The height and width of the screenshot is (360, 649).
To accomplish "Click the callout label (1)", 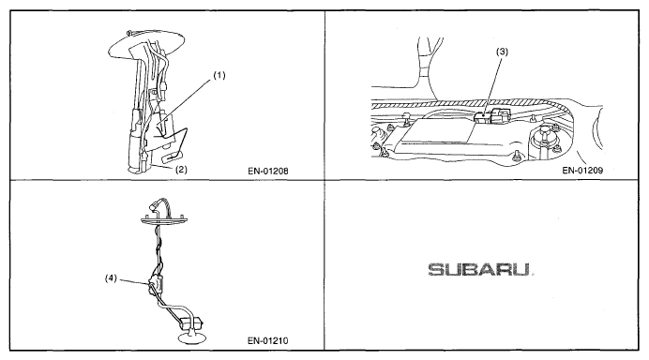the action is click(219, 75).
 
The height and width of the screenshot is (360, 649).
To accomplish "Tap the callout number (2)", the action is click(181, 170).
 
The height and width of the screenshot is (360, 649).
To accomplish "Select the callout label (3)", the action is click(502, 52).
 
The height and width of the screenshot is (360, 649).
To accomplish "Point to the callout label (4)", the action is click(111, 278).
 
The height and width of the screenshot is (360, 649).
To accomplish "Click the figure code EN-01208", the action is click(268, 171).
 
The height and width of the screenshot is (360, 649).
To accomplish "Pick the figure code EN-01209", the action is click(582, 170).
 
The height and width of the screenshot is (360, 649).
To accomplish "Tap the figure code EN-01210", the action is click(268, 341).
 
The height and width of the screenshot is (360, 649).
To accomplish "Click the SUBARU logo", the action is click(479, 270).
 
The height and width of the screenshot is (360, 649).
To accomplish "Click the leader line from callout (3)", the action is click(493, 85).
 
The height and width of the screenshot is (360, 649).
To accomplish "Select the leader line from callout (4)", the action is click(132, 282).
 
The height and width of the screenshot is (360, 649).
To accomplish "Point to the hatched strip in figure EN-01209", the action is click(468, 104).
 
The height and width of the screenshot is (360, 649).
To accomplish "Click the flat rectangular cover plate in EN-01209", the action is click(438, 130).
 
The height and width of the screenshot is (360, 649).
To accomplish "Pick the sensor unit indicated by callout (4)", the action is click(155, 284).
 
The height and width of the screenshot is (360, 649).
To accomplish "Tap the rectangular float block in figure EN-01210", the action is click(191, 322).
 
